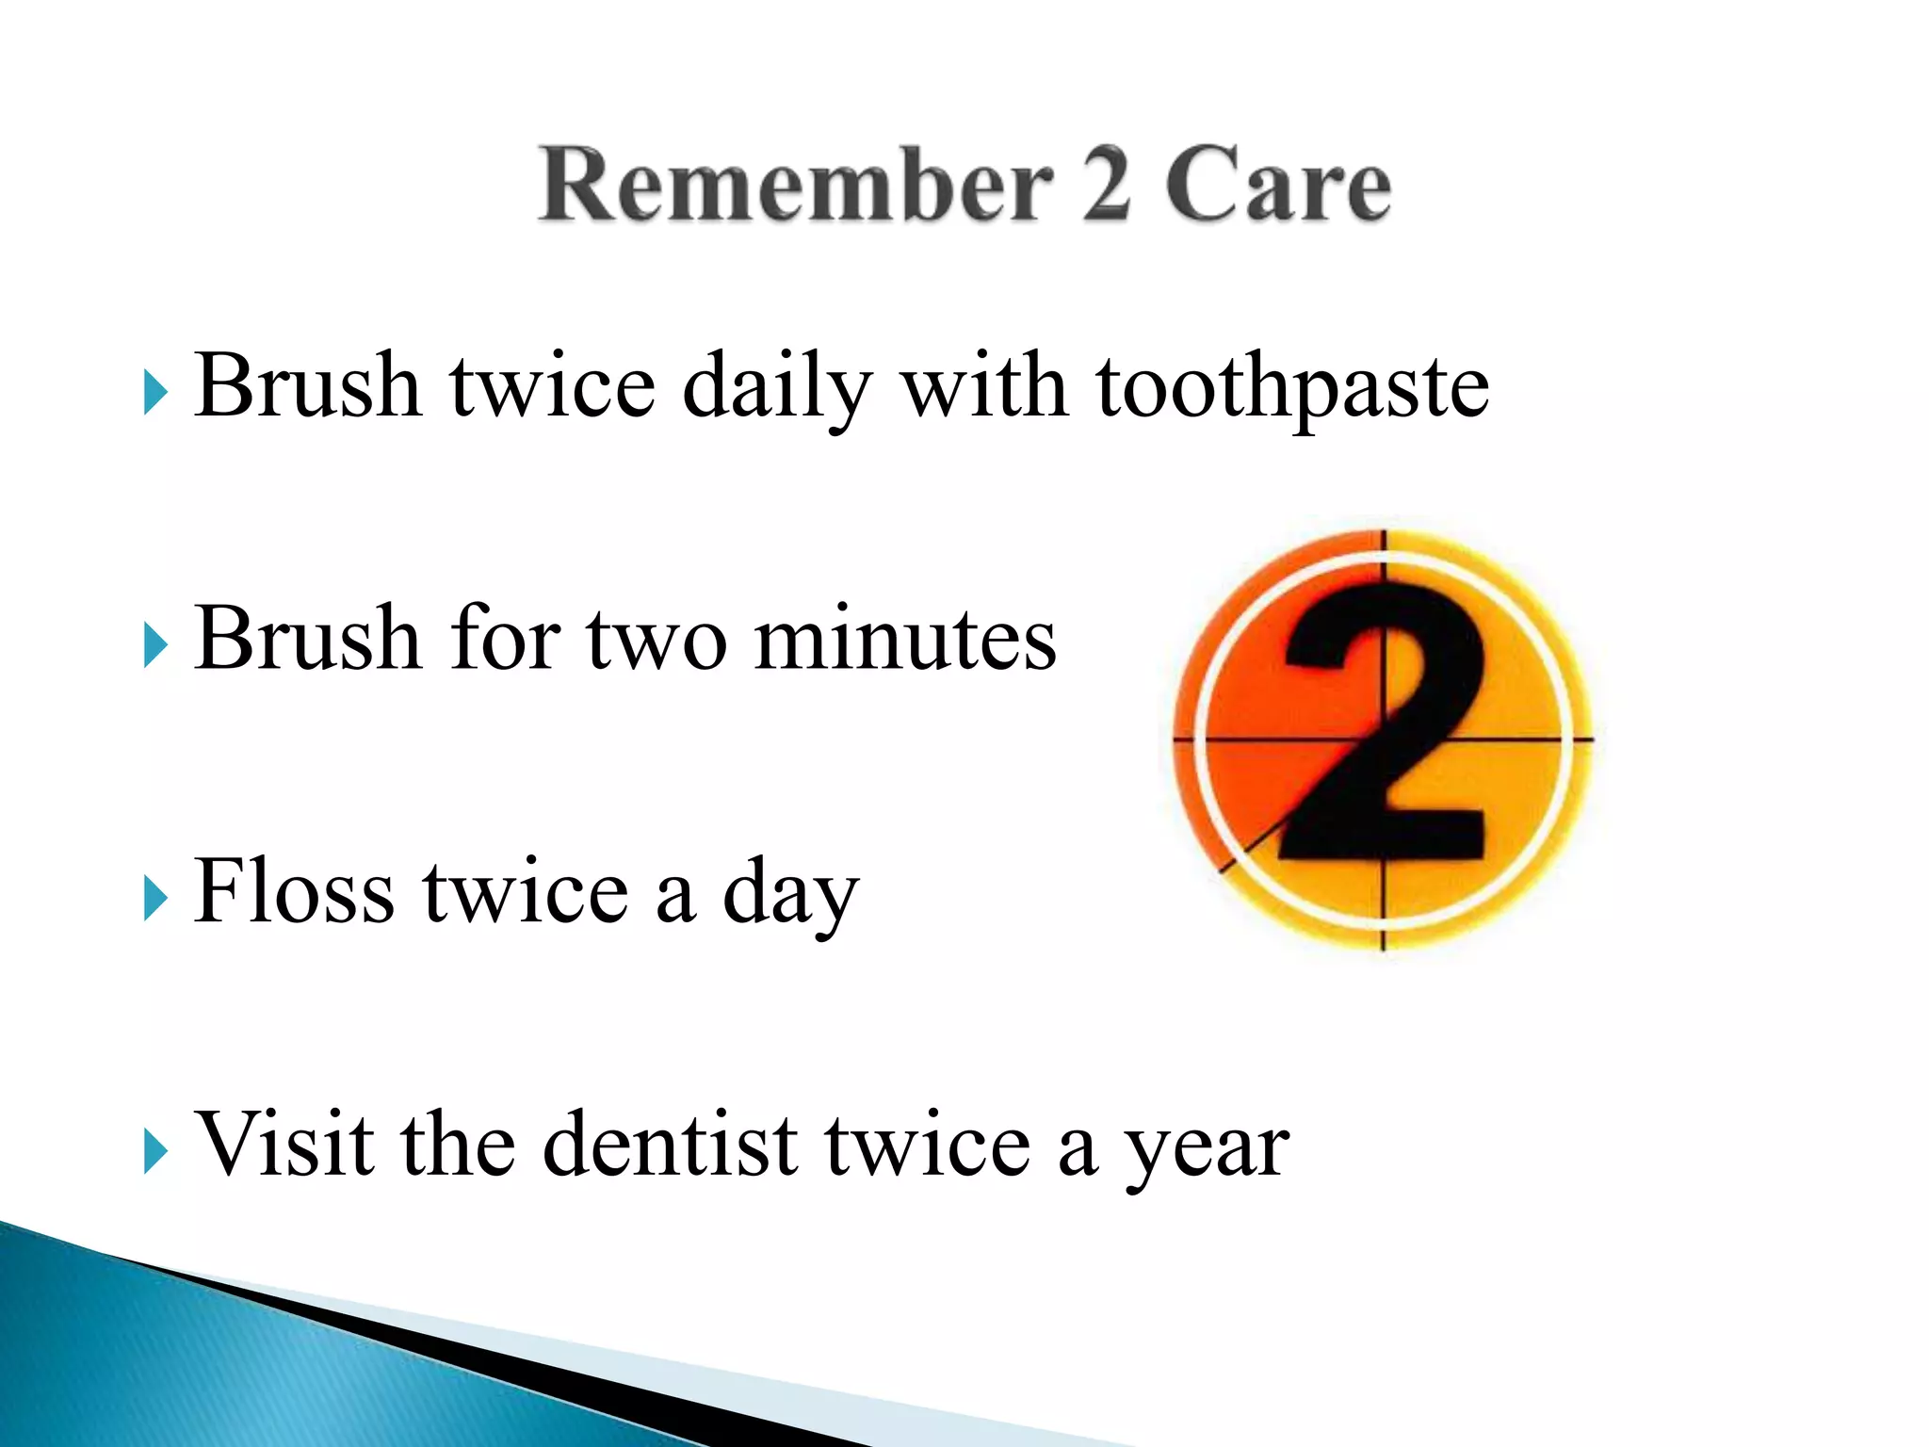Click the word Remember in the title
tap(795, 186)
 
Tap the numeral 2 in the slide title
tap(1105, 186)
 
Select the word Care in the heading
tap(1278, 186)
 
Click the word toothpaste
tap(1292, 387)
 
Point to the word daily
tap(777, 387)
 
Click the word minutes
tap(905, 640)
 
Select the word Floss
tap(294, 892)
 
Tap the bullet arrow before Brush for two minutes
tap(155, 646)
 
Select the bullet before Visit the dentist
tap(155, 1151)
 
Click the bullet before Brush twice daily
tap(155, 393)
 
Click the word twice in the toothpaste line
tap(553, 387)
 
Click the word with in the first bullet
tap(984, 387)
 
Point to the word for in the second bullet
tap(505, 640)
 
